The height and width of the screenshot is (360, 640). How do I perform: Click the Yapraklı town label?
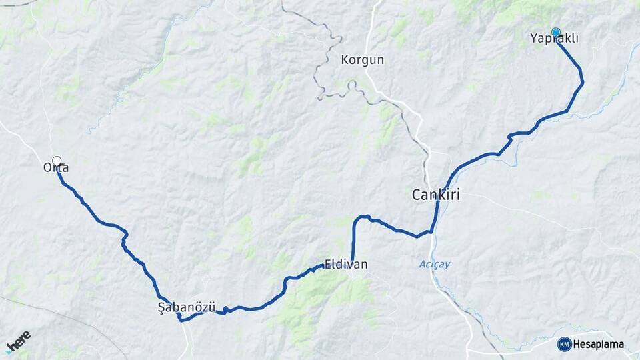coord(553,39)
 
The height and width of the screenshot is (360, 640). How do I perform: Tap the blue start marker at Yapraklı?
coord(555,31)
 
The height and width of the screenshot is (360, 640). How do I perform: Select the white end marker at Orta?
coord(57,160)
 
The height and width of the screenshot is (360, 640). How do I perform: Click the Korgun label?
coord(362,60)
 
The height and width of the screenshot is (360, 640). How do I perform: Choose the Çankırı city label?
coord(436,195)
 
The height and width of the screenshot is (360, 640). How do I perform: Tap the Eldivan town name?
coord(345,265)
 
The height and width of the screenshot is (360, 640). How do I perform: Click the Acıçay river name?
coord(435,264)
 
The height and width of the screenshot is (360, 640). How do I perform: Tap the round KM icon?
coord(564,344)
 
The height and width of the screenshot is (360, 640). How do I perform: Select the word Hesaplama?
coord(598,345)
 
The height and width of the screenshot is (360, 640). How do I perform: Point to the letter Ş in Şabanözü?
coord(161,307)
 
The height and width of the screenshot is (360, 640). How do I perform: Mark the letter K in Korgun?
coord(344,60)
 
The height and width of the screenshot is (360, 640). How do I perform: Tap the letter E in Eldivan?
coord(327,265)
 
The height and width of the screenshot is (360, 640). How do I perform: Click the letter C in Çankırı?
coord(416,195)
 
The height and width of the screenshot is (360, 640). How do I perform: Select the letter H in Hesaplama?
coord(576,345)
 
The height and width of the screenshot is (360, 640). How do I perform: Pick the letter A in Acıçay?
coord(421,264)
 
